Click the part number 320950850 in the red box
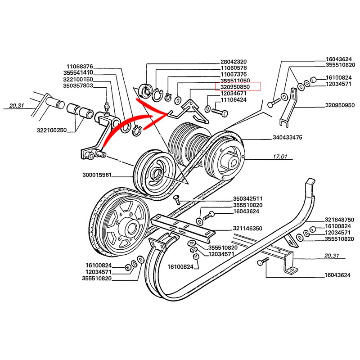[x=238, y=86]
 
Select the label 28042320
[x=234, y=62]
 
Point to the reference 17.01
[x=280, y=157]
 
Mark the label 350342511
[x=248, y=198]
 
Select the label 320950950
[x=339, y=105]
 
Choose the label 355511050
[x=234, y=80]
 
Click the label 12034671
[x=234, y=93]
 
